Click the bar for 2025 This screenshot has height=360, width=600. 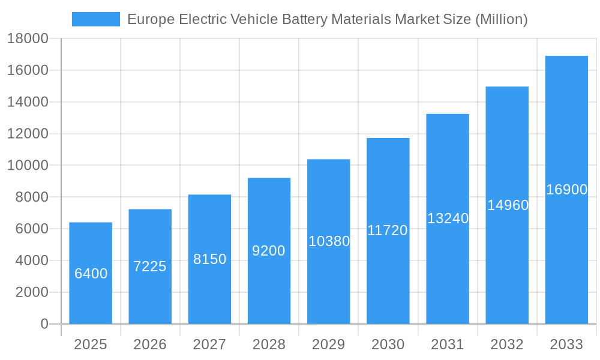point(91,273)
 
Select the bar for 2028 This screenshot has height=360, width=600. point(269,251)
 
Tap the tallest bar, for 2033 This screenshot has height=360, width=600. point(566,190)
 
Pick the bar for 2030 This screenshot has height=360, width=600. point(388,231)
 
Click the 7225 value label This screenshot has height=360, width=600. point(150,266)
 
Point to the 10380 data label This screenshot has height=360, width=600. point(329,241)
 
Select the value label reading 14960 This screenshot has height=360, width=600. point(508,205)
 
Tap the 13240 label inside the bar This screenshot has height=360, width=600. point(448,218)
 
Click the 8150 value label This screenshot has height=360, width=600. point(209,259)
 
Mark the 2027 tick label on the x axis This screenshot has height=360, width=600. point(209,344)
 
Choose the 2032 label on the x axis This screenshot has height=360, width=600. point(507,344)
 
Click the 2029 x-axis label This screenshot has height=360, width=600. point(329,344)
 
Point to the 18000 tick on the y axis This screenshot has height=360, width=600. point(28,39)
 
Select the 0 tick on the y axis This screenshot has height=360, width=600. point(44,324)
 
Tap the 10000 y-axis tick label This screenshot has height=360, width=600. point(28,166)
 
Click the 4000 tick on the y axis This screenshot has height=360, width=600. point(31,260)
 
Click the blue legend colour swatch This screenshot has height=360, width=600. point(95,19)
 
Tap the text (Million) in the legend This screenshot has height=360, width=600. point(501,19)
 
